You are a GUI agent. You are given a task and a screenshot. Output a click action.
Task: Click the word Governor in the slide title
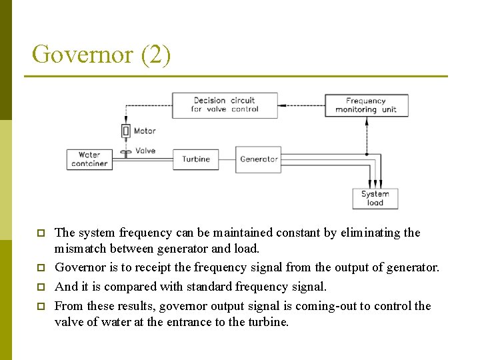coord(82,55)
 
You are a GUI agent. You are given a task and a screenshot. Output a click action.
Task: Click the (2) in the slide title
coord(155,55)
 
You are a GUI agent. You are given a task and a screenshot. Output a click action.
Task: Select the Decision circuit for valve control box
coord(225,105)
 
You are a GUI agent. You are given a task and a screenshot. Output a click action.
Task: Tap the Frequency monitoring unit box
coord(365,105)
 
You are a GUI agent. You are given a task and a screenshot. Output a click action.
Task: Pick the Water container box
coord(89,159)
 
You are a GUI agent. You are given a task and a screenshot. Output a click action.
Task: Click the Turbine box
coord(195,159)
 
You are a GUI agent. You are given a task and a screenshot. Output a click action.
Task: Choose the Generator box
coord(259,159)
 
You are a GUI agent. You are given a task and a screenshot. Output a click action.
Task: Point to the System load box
coord(375,199)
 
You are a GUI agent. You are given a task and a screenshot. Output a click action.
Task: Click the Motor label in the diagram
coord(145,131)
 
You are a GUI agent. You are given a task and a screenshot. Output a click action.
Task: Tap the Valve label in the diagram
coord(145,151)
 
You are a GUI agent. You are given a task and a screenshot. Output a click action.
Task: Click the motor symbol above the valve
coord(125,131)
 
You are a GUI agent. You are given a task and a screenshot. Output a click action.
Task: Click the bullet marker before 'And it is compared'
coord(41,287)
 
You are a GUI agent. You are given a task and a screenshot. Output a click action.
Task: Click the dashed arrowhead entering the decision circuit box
coord(283,105)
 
